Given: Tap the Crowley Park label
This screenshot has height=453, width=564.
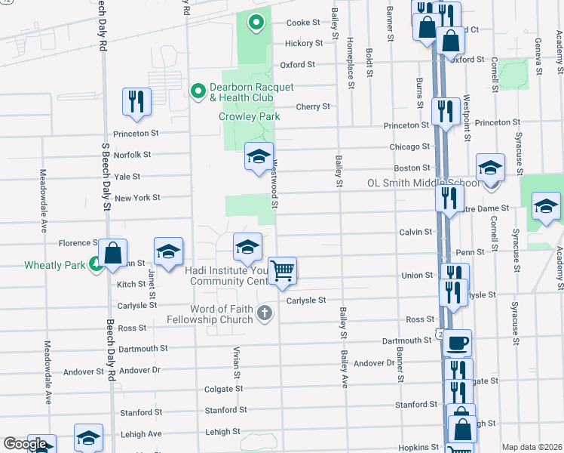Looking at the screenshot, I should click(x=250, y=116).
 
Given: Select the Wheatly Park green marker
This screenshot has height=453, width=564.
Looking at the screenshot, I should click(x=96, y=264).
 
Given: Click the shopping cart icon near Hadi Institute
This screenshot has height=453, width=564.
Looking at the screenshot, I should click(x=282, y=270).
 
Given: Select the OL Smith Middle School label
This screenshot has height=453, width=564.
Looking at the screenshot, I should click(x=423, y=183).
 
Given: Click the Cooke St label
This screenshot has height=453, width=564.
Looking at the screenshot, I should click(x=304, y=23).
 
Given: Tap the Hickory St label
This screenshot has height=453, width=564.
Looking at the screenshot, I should click(x=304, y=44).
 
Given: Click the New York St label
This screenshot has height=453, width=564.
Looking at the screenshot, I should click(x=137, y=198).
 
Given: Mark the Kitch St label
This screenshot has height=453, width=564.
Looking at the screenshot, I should click(x=131, y=285).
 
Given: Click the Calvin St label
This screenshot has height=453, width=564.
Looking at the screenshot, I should click(x=415, y=233).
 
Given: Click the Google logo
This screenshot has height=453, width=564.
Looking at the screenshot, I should click(x=25, y=444).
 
